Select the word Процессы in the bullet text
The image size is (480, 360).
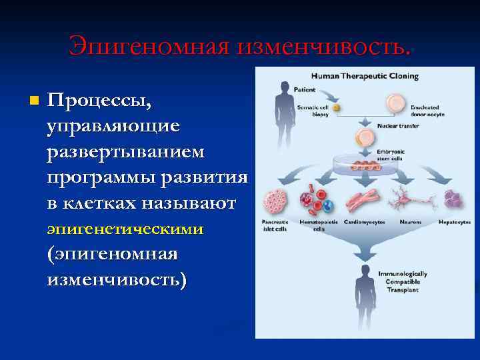(x=100, y=101)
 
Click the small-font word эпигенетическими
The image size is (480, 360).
(x=125, y=229)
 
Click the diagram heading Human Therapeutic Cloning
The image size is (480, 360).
(x=365, y=75)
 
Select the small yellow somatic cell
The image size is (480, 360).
(x=337, y=107)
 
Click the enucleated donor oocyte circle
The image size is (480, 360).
(x=395, y=103)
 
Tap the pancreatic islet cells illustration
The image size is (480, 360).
(x=276, y=201)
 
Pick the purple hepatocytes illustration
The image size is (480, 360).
(x=455, y=199)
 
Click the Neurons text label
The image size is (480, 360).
(x=409, y=222)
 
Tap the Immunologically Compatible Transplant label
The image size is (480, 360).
(x=403, y=281)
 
